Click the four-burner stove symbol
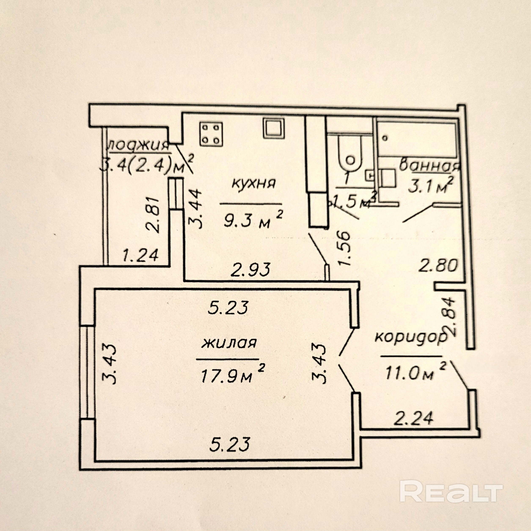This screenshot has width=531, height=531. (x=211, y=134)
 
